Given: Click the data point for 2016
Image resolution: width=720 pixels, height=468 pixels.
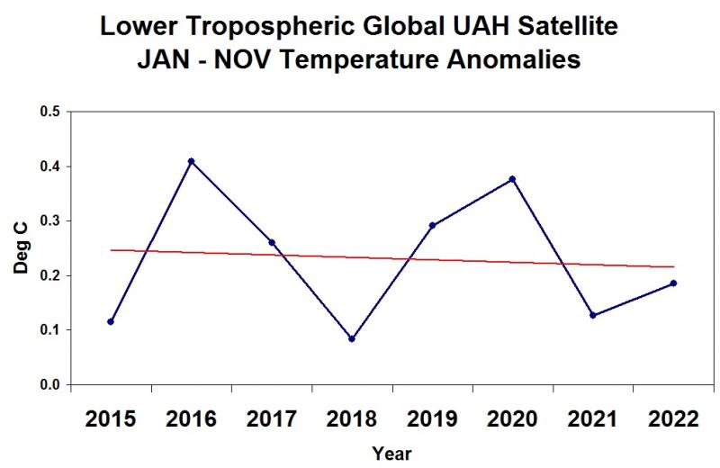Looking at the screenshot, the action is [191, 161].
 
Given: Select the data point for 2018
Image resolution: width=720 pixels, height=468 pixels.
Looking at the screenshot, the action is [352, 339].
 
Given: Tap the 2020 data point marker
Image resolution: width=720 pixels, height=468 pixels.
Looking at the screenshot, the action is [512, 179].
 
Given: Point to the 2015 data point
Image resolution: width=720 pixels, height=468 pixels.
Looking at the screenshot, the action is [111, 321].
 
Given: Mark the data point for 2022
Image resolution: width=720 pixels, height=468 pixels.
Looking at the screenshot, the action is [673, 283].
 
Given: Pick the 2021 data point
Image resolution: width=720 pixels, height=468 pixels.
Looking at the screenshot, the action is [593, 315].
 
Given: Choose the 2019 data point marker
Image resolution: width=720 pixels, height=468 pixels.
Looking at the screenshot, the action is [432, 226].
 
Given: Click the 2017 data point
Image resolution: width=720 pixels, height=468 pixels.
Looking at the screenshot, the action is [272, 242].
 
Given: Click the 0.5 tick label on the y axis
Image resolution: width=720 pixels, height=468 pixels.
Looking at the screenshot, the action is [50, 112].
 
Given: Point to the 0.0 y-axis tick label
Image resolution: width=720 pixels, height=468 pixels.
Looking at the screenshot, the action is [50, 385].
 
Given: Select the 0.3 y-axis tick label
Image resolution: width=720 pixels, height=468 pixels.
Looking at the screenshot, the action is [50, 220].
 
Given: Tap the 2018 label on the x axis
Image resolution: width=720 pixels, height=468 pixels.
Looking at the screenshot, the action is [352, 418].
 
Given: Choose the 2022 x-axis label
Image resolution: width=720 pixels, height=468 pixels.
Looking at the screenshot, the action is [673, 418].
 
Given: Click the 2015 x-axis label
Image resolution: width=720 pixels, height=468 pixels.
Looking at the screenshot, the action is [111, 418].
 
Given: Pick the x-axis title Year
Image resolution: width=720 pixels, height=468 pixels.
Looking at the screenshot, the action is [392, 454].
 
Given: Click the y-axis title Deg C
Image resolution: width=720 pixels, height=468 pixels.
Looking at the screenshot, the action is [21, 248].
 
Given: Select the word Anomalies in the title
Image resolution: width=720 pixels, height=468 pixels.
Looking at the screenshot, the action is [514, 59].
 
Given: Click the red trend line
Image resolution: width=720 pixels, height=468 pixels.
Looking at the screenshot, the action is [392, 258].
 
